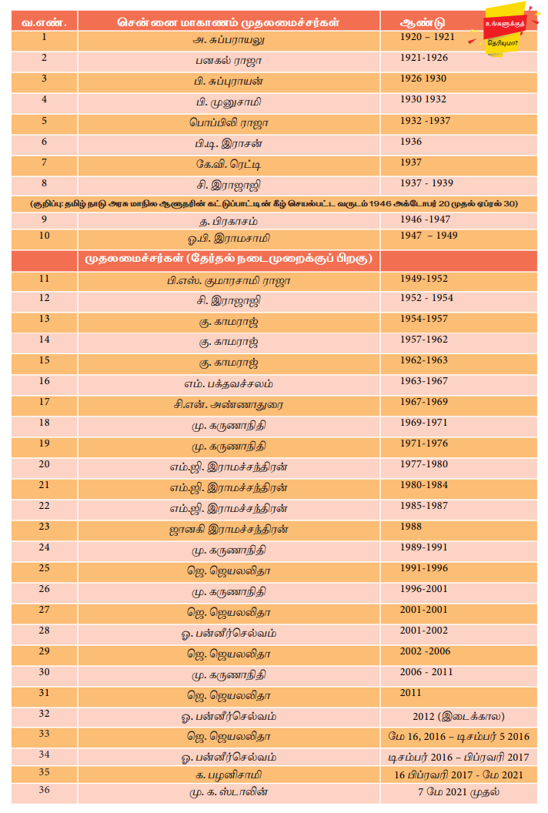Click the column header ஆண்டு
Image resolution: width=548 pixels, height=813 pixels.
(423, 22)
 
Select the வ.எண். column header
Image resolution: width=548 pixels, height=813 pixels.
(45, 22)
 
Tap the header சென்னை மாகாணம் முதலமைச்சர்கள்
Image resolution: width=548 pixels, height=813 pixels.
(228, 22)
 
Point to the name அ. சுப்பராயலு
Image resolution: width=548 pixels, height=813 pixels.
(229, 38)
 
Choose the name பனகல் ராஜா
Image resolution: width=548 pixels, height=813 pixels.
(229, 59)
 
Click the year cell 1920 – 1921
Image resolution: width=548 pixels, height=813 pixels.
(427, 37)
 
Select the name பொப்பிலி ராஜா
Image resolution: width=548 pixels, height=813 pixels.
(229, 122)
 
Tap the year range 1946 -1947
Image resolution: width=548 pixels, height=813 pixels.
(425, 219)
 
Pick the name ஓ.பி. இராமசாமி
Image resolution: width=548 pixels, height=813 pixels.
(229, 237)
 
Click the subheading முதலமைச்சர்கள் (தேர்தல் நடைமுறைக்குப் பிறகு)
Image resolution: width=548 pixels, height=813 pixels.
(228, 259)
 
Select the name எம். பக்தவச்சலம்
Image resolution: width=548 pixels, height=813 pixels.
(229, 383)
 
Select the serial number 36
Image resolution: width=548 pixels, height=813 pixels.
(45, 789)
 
